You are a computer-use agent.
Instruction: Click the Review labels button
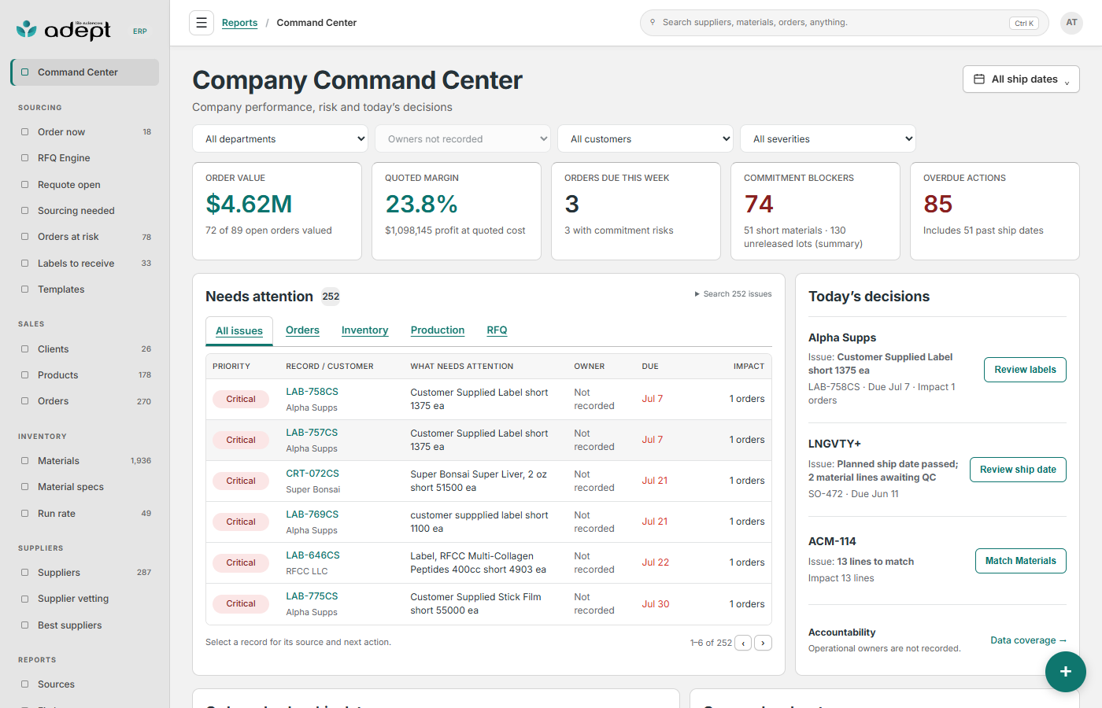click(1025, 370)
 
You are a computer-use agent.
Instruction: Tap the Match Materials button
click(1020, 561)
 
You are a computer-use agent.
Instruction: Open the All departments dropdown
click(280, 139)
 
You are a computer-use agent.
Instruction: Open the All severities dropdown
click(828, 139)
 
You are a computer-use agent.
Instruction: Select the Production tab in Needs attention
click(438, 330)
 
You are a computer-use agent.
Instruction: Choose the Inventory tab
click(364, 330)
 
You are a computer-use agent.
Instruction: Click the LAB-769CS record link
click(312, 514)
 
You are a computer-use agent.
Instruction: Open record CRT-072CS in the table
click(312, 474)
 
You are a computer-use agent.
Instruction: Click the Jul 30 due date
click(655, 604)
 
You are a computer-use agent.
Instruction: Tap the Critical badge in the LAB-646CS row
click(241, 562)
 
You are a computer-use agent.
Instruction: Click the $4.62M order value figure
click(249, 204)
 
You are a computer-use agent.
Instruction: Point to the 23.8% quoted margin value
click(421, 204)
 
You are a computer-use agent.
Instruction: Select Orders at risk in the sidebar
click(68, 237)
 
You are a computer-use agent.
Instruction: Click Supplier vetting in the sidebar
click(73, 599)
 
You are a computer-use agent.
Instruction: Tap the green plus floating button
click(1065, 672)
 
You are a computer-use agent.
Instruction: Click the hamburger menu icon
click(202, 23)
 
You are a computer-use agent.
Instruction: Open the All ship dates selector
click(1021, 79)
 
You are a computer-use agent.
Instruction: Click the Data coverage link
click(1028, 640)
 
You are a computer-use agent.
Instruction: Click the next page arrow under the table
click(763, 643)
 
